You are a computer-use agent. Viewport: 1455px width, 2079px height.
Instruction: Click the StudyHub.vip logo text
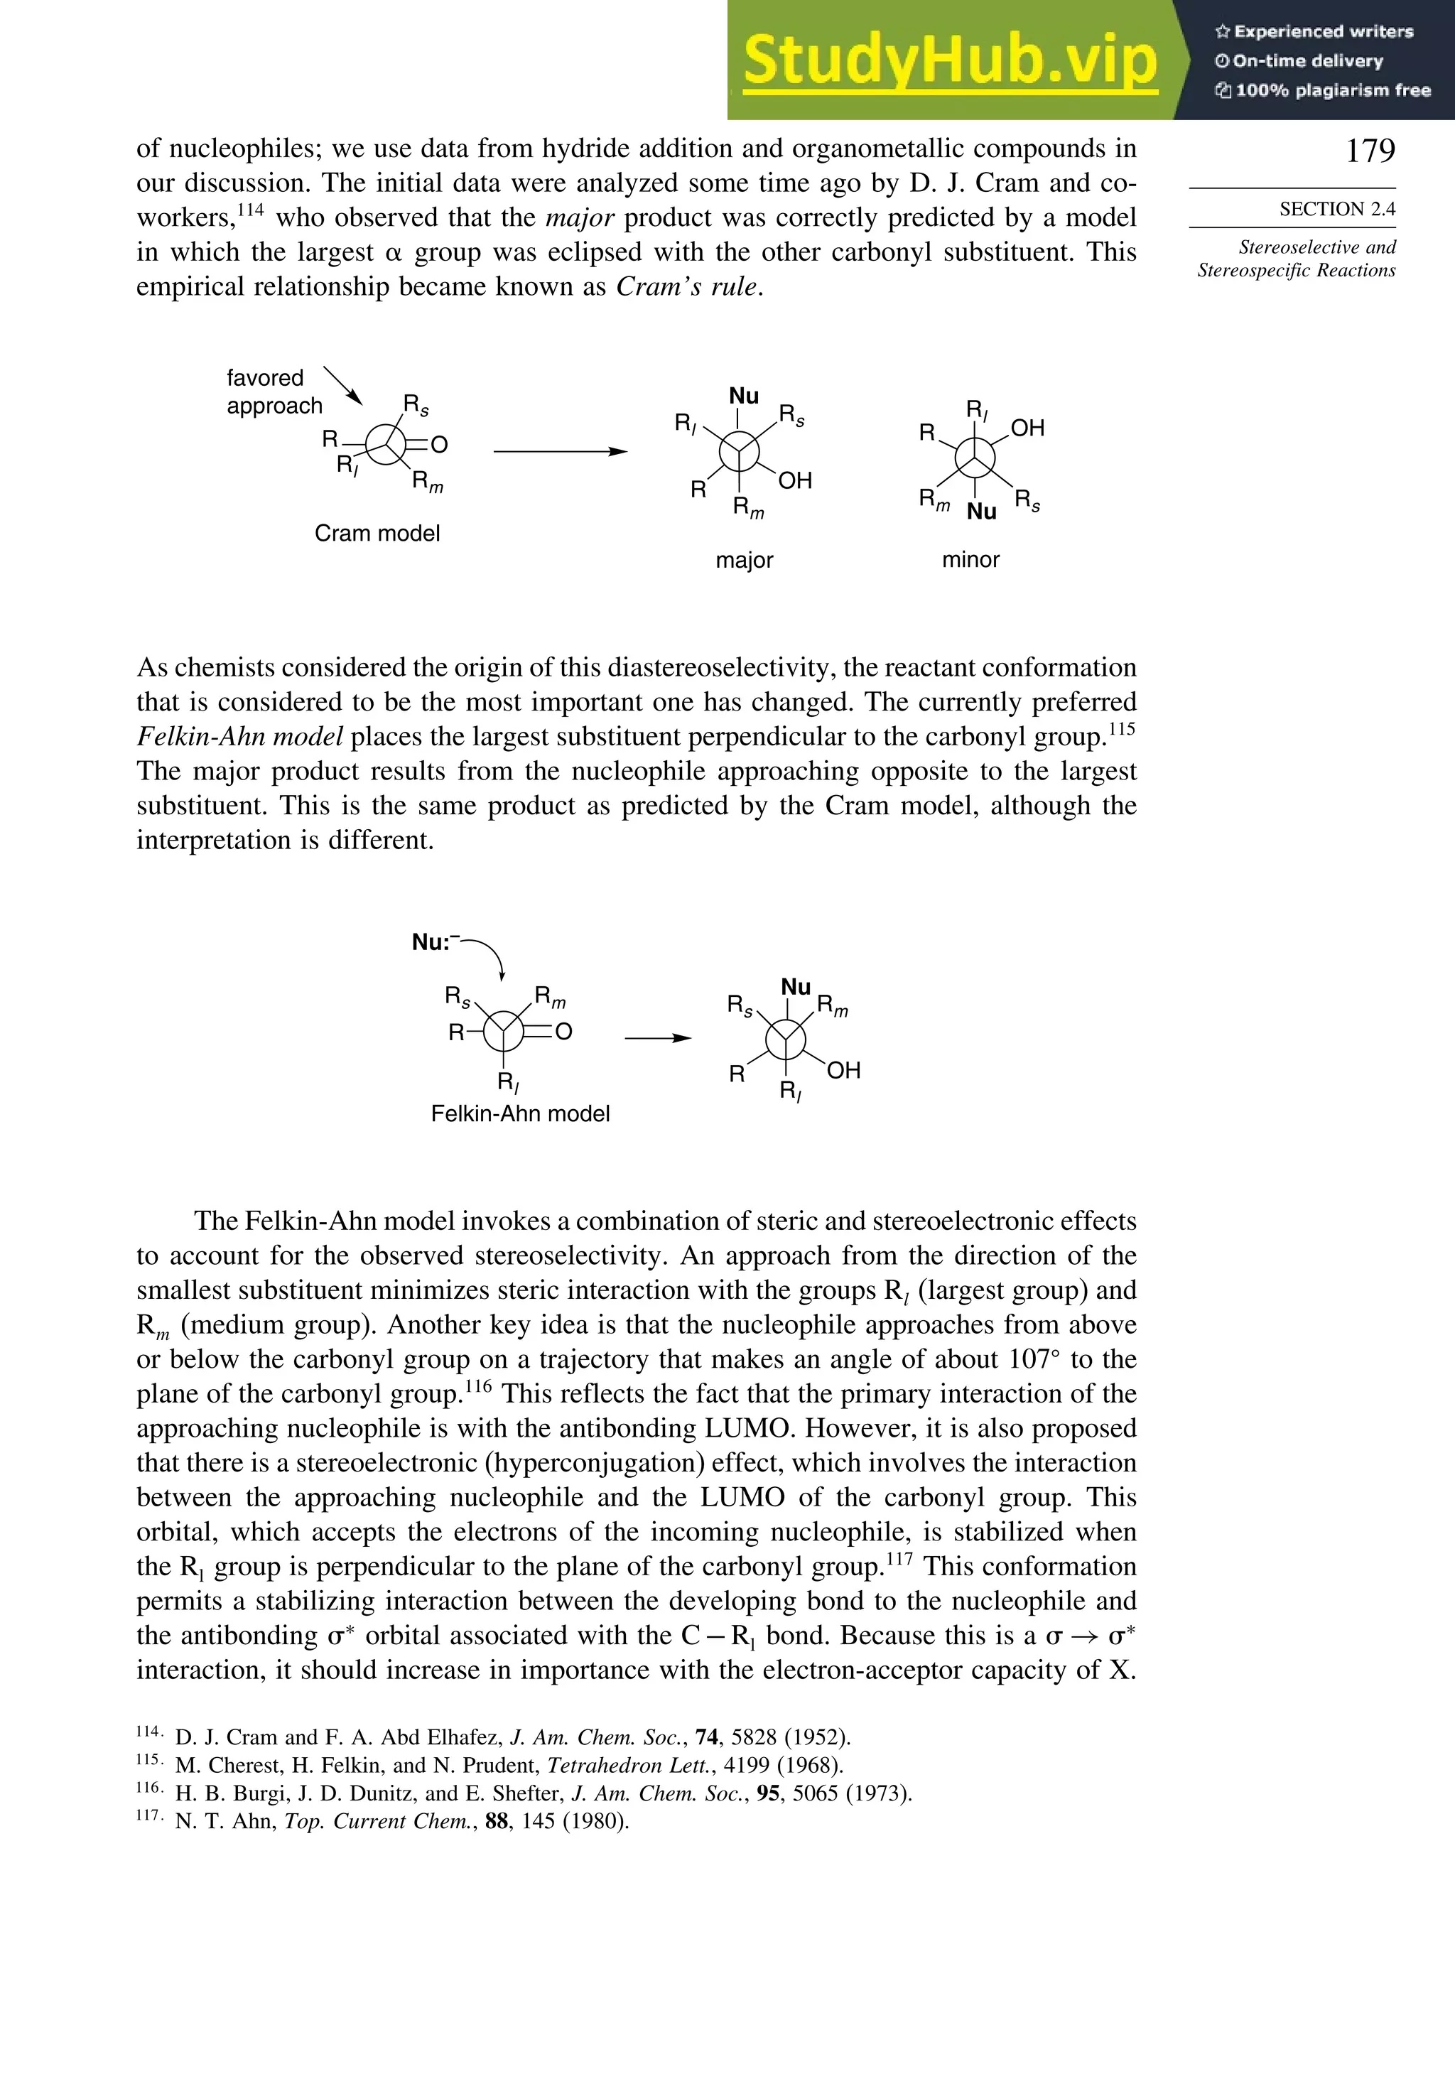[950, 60]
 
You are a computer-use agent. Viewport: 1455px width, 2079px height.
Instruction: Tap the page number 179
[1370, 151]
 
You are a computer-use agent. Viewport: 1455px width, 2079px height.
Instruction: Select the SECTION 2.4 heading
[1336, 209]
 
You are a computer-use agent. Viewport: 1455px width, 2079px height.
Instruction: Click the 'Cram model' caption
[377, 534]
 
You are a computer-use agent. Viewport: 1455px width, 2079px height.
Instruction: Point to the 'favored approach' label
[274, 391]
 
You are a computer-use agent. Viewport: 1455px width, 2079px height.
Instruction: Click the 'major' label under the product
[745, 561]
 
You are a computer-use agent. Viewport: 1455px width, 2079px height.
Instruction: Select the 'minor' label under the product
[970, 560]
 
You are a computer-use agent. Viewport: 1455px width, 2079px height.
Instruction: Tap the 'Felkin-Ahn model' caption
[520, 1114]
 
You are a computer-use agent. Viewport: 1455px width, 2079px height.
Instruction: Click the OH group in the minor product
[1027, 428]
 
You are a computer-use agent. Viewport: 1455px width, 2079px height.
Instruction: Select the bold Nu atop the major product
[743, 396]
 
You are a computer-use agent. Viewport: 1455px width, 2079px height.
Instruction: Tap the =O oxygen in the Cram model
[439, 445]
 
